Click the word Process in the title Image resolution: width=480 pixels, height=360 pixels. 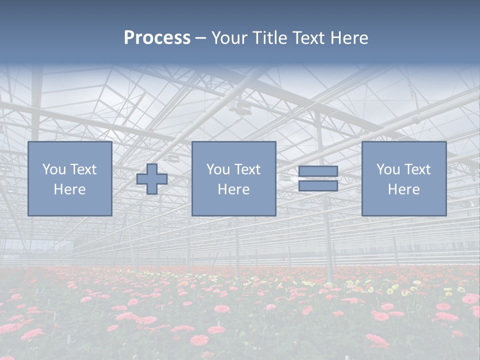157,38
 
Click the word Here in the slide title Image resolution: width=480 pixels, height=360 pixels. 350,38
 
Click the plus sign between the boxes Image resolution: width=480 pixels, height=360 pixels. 152,179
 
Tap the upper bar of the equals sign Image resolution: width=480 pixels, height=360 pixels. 318,171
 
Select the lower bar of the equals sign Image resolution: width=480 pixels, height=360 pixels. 318,185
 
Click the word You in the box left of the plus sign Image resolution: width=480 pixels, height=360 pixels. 53,169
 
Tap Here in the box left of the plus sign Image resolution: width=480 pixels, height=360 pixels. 69,189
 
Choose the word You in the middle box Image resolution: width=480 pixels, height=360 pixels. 217,169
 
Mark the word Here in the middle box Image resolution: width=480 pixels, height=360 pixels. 233,189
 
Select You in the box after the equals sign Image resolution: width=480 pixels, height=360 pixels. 387,169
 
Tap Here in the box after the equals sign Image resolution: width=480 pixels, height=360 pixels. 403,189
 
